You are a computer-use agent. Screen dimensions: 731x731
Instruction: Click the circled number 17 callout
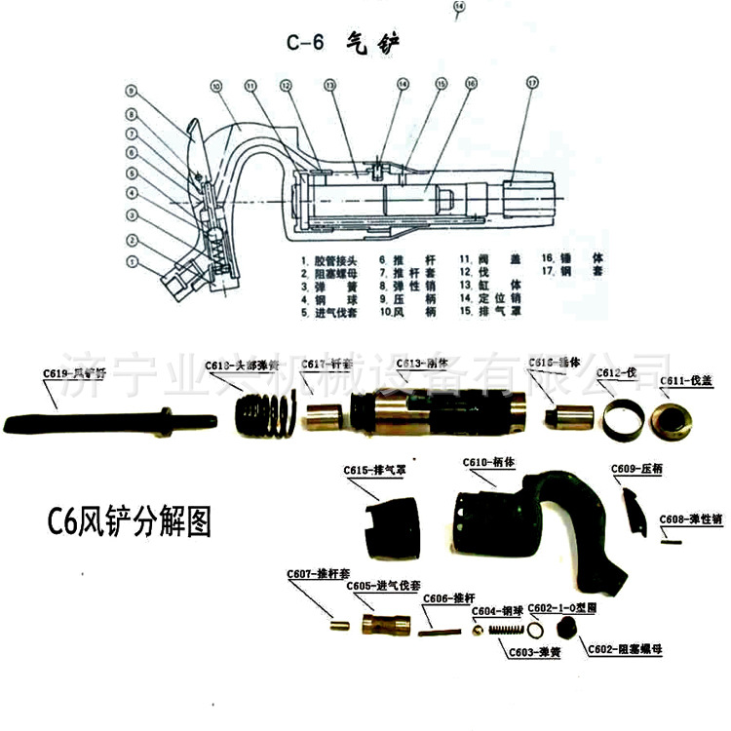530,83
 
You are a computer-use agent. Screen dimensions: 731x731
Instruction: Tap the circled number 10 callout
215,86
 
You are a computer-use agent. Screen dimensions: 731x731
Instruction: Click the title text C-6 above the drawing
305,42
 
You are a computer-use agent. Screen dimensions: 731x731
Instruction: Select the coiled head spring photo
263,418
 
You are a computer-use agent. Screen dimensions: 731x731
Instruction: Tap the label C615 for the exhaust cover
374,471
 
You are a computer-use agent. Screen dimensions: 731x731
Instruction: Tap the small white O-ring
538,632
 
